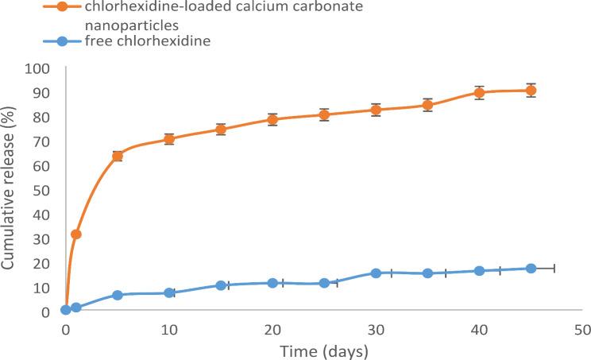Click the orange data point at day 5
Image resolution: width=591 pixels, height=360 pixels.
pyautogui.click(x=118, y=156)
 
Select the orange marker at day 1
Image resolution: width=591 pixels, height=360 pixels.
pyautogui.click(x=76, y=234)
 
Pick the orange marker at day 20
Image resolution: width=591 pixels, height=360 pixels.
pyautogui.click(x=272, y=119)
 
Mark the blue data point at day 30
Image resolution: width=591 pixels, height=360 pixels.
pyautogui.click(x=376, y=273)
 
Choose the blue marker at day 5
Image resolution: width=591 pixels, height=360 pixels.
pyautogui.click(x=118, y=295)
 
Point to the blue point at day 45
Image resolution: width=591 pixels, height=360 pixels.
pyautogui.click(x=531, y=269)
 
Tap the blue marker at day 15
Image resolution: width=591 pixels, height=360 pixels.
pyautogui.click(x=221, y=285)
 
